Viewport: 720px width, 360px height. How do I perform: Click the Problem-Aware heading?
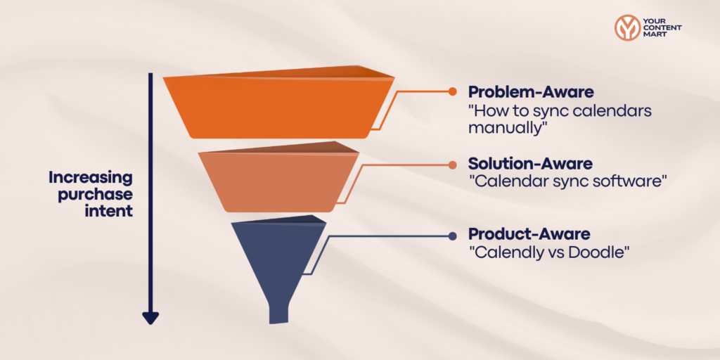pyautogui.click(x=530, y=92)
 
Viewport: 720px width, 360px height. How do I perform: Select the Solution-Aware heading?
pyautogui.click(x=530, y=164)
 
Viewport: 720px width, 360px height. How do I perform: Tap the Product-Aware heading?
pyautogui.click(x=529, y=233)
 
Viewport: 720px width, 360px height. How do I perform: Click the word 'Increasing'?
pyautogui.click(x=91, y=177)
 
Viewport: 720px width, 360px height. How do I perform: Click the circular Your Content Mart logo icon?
pyautogui.click(x=626, y=28)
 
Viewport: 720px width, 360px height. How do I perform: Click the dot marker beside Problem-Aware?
pyautogui.click(x=453, y=92)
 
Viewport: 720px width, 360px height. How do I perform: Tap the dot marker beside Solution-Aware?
pyautogui.click(x=453, y=165)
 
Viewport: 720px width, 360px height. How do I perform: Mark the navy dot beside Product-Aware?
pyautogui.click(x=453, y=235)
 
